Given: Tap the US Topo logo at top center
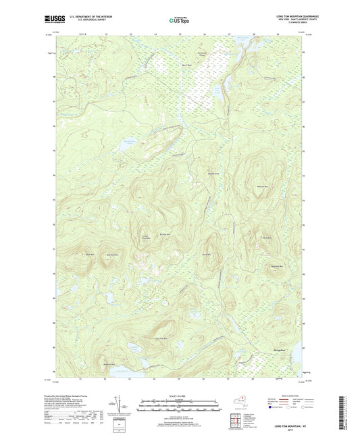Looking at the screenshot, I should [x=178, y=21].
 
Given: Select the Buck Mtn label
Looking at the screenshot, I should [x=266, y=238].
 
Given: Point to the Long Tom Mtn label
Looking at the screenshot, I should [x=161, y=338].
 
